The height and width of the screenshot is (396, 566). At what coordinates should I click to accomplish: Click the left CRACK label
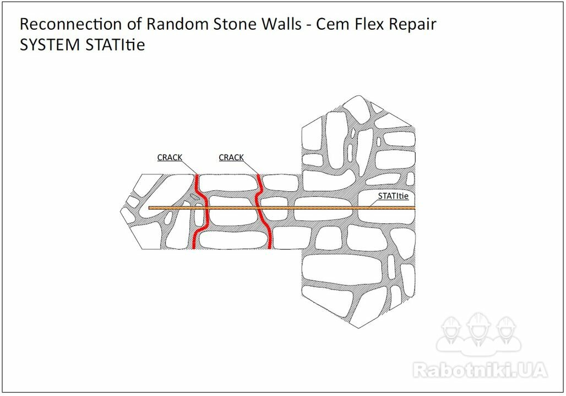[170, 158]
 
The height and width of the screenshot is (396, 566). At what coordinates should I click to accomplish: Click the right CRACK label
[231, 158]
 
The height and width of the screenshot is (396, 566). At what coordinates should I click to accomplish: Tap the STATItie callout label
[393, 196]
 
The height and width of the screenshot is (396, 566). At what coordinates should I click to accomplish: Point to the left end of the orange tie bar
[149, 208]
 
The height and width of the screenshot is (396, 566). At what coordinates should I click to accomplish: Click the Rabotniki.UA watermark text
[481, 370]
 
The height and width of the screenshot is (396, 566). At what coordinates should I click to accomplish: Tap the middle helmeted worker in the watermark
[478, 329]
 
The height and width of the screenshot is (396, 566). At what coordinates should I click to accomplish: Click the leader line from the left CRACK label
[189, 167]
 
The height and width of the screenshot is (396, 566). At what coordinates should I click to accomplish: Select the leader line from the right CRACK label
[251, 167]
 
